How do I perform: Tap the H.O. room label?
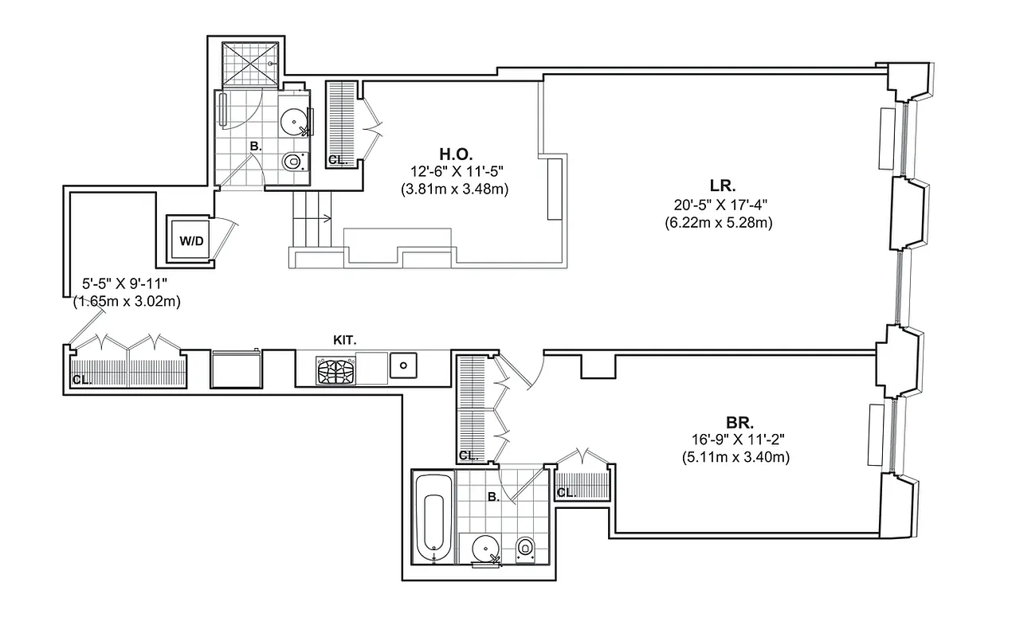point(456,153)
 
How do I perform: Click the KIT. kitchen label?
point(344,340)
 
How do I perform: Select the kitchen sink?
point(403,365)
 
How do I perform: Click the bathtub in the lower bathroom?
point(433,523)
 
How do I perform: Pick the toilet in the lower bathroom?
point(525,548)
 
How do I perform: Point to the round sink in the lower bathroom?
point(486,549)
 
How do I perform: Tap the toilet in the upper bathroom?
point(293,162)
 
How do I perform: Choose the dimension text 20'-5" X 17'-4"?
point(718,205)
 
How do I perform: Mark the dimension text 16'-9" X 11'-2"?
point(735,440)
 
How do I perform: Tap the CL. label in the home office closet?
point(338,160)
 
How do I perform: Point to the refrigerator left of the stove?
point(236,369)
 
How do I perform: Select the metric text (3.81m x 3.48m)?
point(455,189)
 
